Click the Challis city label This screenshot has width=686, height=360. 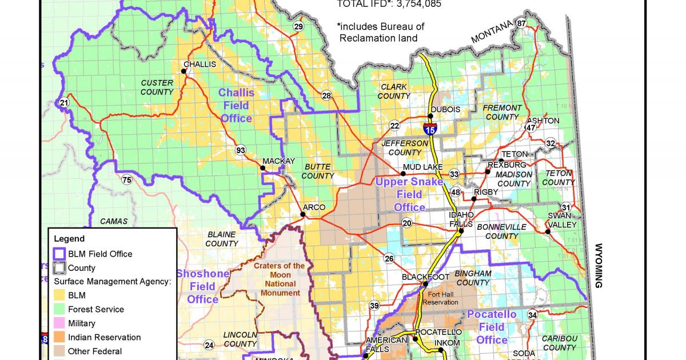tap(200, 64)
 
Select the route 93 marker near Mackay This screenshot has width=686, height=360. tap(241, 150)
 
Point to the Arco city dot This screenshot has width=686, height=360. tap(302, 215)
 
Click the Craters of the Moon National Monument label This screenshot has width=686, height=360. tap(280, 279)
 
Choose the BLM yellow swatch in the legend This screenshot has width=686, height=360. tap(59, 295)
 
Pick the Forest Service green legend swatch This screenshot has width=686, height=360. tap(59, 309)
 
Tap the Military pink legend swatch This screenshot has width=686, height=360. tap(59, 323)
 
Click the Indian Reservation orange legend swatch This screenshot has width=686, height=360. tap(59, 337)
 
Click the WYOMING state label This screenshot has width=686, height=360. tap(599, 266)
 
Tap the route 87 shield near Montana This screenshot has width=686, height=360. tap(521, 23)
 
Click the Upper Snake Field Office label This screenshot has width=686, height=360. tap(409, 194)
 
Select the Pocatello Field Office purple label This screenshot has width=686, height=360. tap(492, 327)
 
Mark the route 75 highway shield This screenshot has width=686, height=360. tap(126, 180)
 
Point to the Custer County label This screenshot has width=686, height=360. tap(157, 87)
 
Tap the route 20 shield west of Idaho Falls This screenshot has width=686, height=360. tap(407, 223)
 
